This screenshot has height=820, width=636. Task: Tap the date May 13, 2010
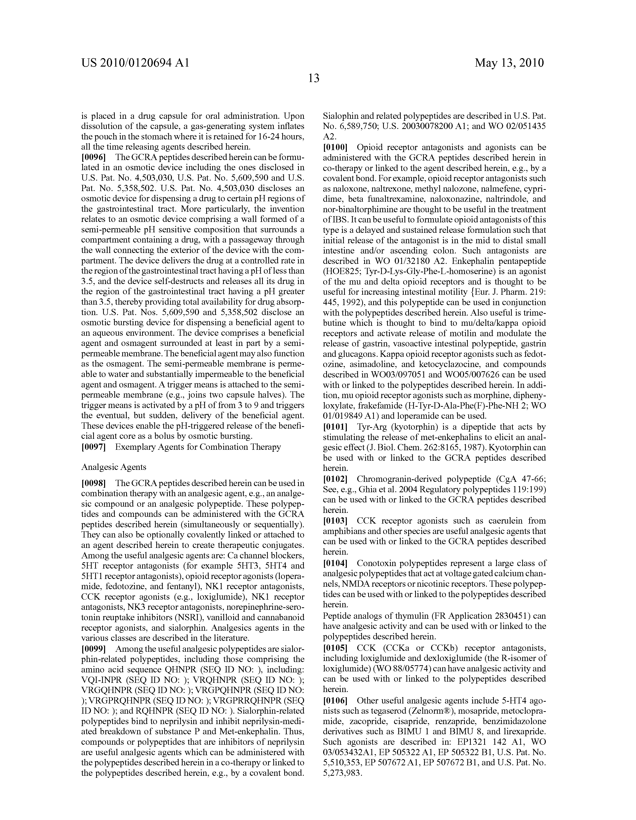click(509, 63)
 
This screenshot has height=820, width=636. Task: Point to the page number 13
click(314, 79)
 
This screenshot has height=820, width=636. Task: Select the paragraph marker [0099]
click(93, 649)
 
